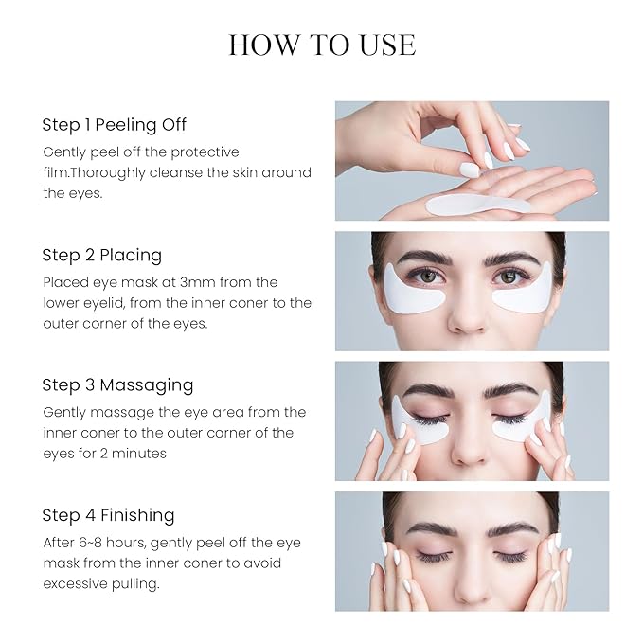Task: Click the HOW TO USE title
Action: [322, 45]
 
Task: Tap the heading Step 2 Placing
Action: [101, 255]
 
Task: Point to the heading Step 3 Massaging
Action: [117, 385]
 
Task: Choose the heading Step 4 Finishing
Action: [108, 515]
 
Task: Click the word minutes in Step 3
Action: [141, 454]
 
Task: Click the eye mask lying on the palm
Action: [477, 204]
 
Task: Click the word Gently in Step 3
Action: [66, 412]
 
